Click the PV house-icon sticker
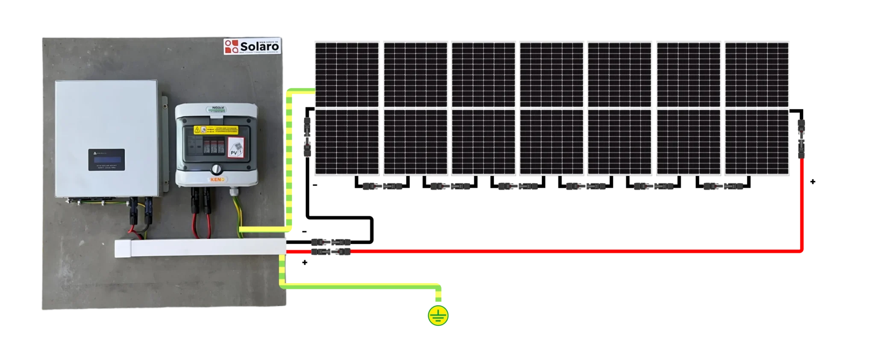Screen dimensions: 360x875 [x=236, y=149]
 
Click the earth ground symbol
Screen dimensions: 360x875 [x=438, y=316]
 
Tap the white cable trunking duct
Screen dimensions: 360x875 [x=201, y=248]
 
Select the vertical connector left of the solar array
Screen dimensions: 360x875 [x=306, y=136]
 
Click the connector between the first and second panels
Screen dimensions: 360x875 [x=382, y=186]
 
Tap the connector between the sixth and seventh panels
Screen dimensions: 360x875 [x=723, y=186]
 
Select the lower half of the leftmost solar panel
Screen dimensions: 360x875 [x=346, y=142]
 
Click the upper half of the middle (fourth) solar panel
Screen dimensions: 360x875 [x=552, y=74]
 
